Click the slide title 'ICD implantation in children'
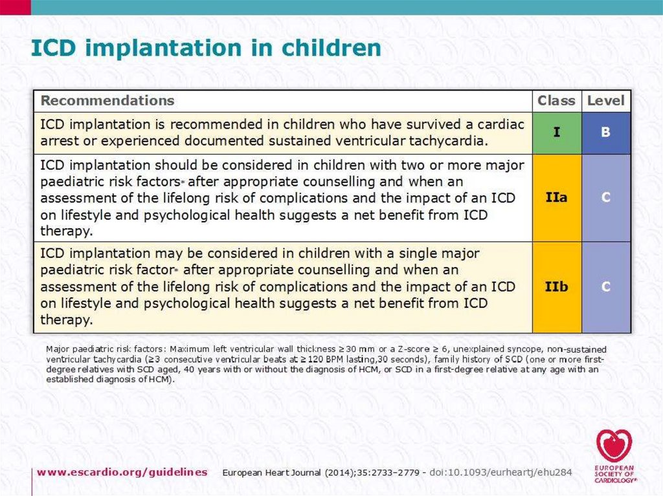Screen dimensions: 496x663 207,49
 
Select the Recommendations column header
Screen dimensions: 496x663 107,101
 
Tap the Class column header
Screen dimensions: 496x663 556,101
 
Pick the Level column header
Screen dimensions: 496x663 605,101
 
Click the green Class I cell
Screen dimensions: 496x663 557,133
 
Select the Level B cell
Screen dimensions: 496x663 606,133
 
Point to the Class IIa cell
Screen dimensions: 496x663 557,197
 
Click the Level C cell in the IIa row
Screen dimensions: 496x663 606,197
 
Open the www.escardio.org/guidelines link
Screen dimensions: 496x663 122,472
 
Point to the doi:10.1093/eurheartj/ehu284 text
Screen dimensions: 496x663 500,473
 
